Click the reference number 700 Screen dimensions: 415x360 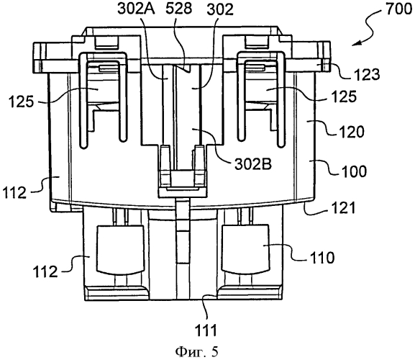pos(398,9)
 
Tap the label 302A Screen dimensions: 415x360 pos(137,9)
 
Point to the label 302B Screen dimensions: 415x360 pos(253,164)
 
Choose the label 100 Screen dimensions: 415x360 pos(354,171)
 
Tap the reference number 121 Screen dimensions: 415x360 pos(342,207)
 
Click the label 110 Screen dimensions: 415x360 pos(321,257)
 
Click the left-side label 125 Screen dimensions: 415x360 pos(21,102)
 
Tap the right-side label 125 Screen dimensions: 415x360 pos(344,96)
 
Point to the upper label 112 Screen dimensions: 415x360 pos(15,192)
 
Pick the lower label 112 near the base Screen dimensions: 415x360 pos(45,271)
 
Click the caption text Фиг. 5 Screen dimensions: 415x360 pos(197,352)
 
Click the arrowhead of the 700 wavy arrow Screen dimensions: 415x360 pos(356,44)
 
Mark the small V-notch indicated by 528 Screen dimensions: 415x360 pos(186,68)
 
